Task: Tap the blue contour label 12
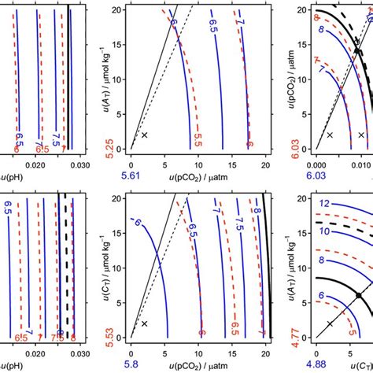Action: point(323,203)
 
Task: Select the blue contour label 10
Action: point(323,231)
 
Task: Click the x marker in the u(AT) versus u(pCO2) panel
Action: point(144,135)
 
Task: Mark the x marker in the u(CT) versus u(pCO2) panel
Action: point(144,323)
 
